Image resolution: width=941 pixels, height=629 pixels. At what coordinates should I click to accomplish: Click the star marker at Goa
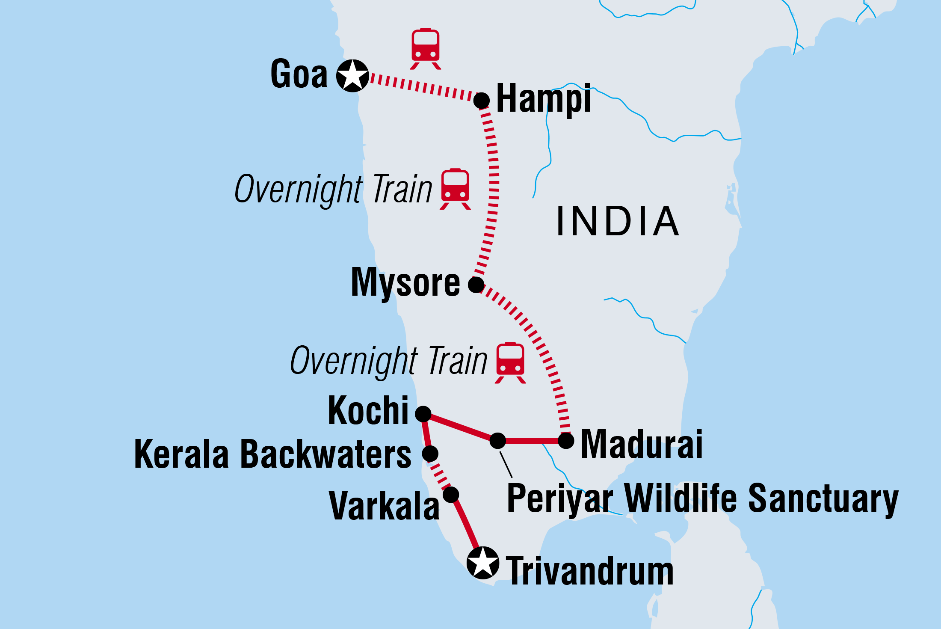352,76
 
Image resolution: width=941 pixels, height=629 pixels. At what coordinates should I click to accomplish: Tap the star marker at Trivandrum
483,563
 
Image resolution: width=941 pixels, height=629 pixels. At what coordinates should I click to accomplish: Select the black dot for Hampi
482,101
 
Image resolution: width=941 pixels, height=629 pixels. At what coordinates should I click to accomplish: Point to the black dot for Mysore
476,285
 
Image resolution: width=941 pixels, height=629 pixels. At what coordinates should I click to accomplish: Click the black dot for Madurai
566,440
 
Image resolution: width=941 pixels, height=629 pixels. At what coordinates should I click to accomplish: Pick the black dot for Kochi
423,414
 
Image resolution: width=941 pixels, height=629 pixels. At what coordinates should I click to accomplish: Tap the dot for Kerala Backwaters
430,453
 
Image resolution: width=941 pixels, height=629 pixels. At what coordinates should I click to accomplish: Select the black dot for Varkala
451,495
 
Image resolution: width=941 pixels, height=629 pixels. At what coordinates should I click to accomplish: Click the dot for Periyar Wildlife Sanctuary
497,440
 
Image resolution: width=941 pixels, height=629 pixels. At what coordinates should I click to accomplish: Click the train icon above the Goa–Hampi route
426,48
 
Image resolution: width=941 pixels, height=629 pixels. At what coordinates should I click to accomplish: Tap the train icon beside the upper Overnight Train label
456,189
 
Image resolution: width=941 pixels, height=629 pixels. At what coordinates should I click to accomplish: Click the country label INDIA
618,221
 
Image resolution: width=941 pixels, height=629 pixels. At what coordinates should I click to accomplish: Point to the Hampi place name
544,99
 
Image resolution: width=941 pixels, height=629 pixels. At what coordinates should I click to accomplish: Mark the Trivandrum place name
590,571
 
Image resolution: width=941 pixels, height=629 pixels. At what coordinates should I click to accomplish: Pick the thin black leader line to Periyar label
506,465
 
